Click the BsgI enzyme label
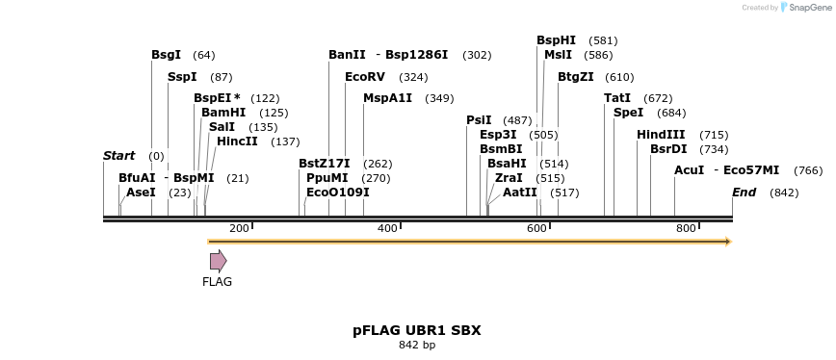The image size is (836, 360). tap(166, 55)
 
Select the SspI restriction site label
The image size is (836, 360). tap(182, 77)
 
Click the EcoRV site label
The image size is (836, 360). tap(365, 77)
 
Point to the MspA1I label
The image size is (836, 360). tap(387, 98)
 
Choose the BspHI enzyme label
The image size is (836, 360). tap(556, 40)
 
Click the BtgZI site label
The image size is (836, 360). tap(576, 77)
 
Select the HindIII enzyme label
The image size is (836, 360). tap(661, 135)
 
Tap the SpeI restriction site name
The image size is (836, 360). tap(628, 113)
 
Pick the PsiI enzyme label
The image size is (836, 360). tap(479, 120)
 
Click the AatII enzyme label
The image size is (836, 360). tap(520, 193)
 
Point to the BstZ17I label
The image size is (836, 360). tap(324, 164)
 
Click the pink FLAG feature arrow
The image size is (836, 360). tap(218, 260)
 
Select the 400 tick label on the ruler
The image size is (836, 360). tap(387, 228)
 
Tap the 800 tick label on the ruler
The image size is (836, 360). tap(686, 228)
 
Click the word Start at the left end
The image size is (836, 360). tap(119, 156)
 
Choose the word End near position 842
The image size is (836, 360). tap(744, 193)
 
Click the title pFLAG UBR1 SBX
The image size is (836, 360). tap(417, 330)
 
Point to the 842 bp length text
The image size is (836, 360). tap(417, 345)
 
